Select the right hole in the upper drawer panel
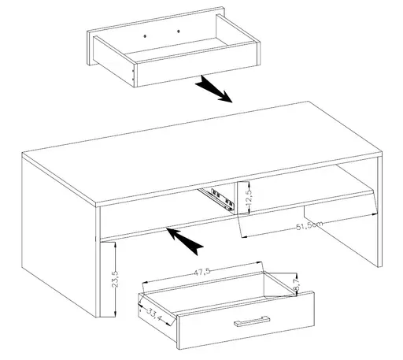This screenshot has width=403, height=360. (x=179, y=31)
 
